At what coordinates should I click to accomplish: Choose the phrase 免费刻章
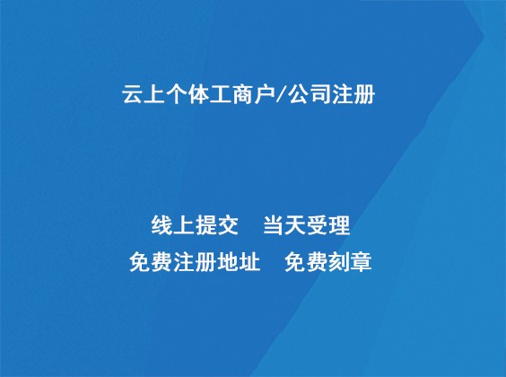click(x=327, y=263)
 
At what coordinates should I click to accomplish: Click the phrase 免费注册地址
click(x=195, y=263)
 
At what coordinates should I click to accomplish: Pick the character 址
click(x=249, y=263)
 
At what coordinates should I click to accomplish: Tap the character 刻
click(x=339, y=263)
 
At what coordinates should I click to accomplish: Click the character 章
click(x=361, y=263)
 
